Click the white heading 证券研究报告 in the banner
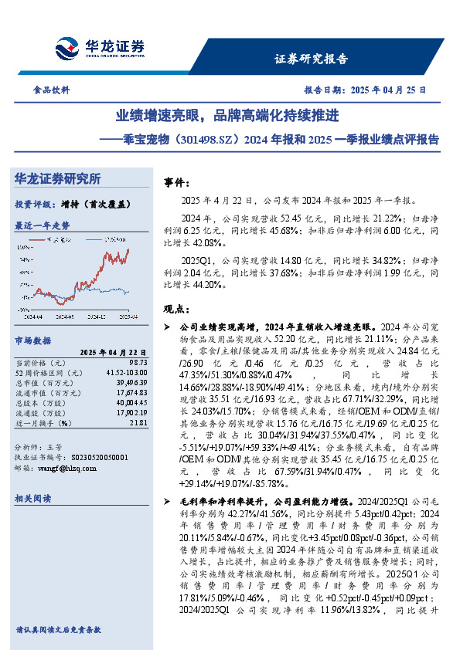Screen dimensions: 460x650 312,59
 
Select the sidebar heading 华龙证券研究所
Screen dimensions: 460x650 58,179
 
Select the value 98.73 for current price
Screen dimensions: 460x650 137,361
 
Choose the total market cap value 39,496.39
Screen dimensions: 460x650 132,381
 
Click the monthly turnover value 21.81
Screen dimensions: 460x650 138,422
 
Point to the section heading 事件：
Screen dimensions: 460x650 177,183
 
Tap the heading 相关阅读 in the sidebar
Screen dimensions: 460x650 33,499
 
